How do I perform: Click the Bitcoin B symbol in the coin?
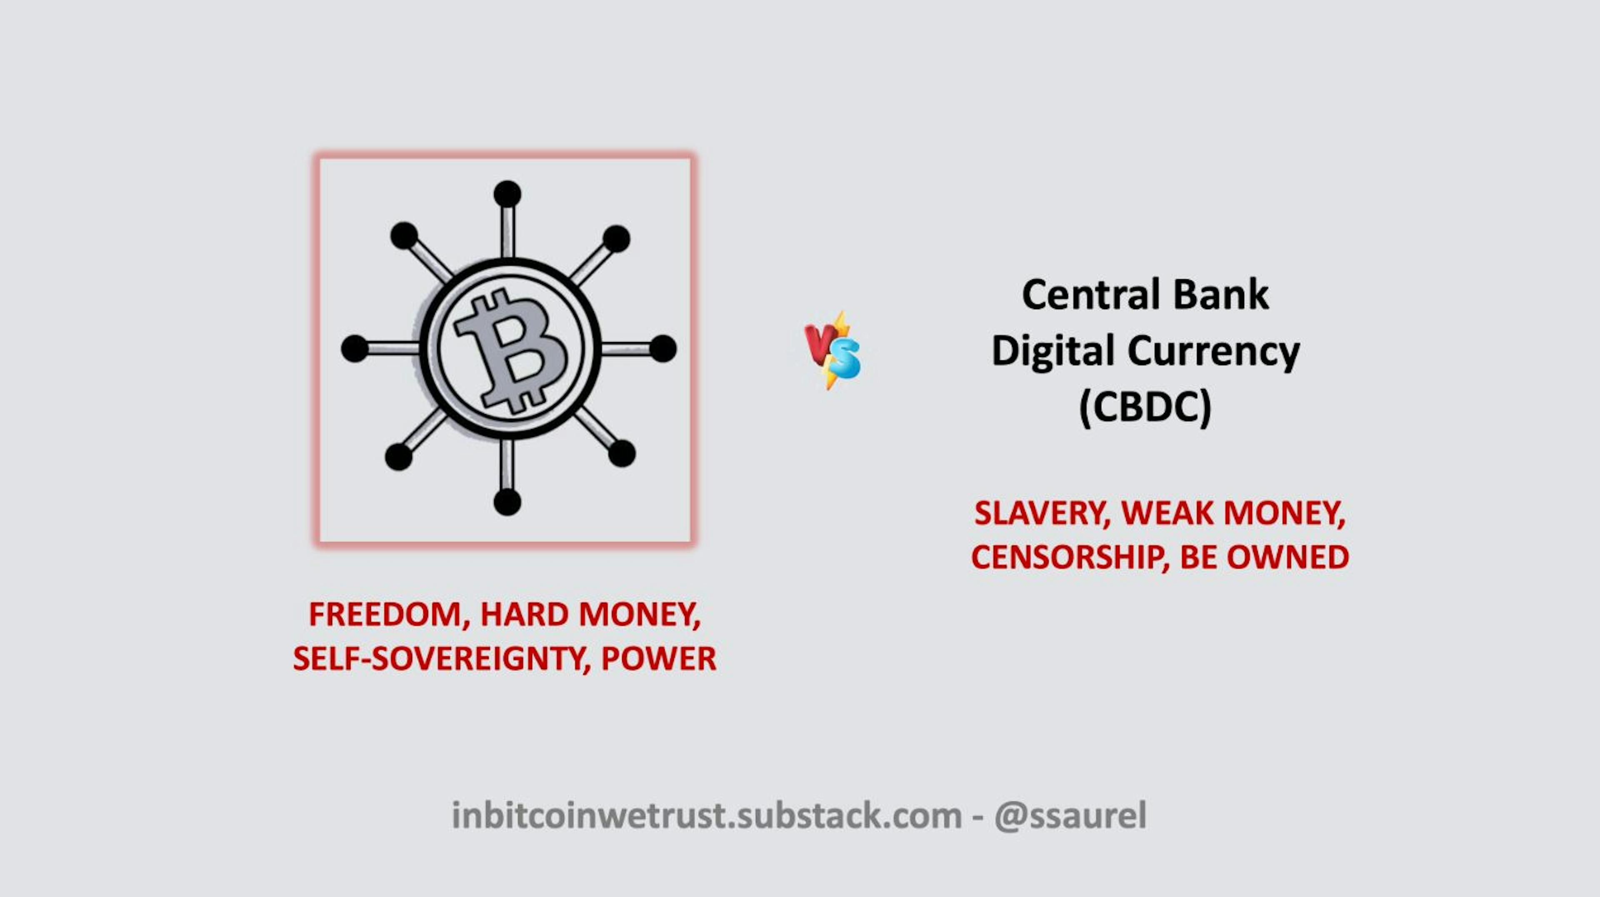click(510, 350)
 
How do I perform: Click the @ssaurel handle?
click(1070, 816)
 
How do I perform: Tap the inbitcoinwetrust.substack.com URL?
click(706, 816)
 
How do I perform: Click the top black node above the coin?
click(507, 194)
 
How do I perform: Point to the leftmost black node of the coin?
click(355, 348)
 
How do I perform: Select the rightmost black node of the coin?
click(663, 348)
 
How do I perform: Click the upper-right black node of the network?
click(616, 239)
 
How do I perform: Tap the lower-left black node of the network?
click(399, 457)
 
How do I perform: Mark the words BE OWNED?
click(1264, 557)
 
